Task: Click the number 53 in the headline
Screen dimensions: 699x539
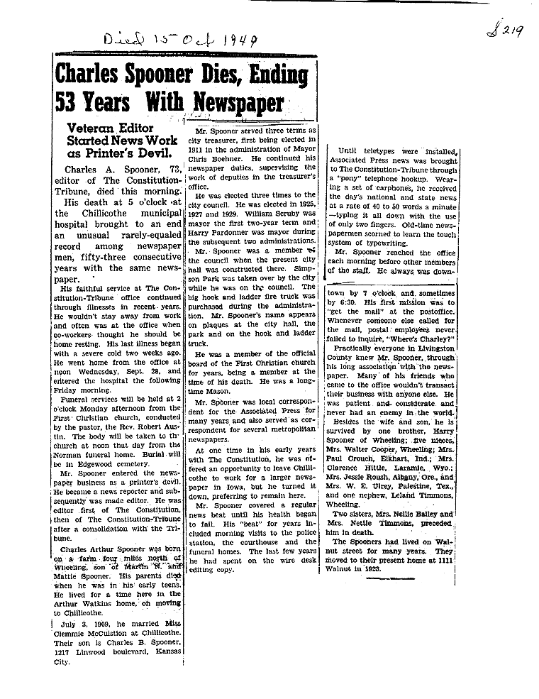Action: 67,104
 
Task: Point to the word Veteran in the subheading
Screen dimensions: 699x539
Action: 90,127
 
